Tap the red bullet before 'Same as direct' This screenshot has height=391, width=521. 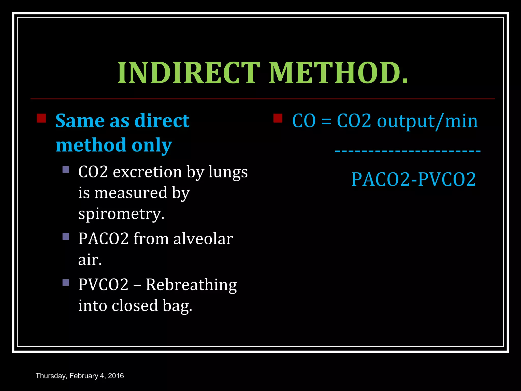(41, 118)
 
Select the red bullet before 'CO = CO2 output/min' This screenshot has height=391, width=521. (278, 118)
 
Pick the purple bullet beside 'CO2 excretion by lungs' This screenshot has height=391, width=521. (66, 170)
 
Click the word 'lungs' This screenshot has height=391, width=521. (228, 172)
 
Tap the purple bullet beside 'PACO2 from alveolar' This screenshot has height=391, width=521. (66, 237)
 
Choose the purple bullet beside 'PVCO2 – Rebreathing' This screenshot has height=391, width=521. (66, 283)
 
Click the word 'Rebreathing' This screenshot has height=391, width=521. (191, 285)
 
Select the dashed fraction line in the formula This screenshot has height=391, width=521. (408, 151)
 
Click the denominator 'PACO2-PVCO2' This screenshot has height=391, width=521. (414, 179)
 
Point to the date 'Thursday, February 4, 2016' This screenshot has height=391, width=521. (80, 376)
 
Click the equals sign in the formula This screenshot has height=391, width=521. (326, 121)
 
